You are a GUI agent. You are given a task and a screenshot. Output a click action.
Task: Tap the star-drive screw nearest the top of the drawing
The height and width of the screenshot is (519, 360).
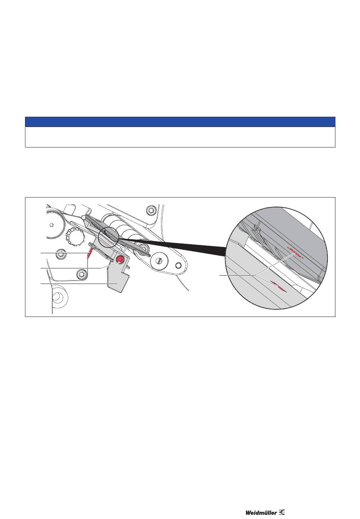[x=151, y=210]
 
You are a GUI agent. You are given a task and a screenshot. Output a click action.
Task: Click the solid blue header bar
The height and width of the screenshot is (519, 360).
[x=180, y=122]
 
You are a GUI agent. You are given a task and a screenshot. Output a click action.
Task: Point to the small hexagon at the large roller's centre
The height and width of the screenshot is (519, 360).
[x=51, y=224]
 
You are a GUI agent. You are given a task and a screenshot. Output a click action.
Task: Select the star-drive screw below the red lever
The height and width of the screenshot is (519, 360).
[x=81, y=274]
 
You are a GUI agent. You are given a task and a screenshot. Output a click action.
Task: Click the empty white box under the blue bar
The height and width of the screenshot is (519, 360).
[x=180, y=137]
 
